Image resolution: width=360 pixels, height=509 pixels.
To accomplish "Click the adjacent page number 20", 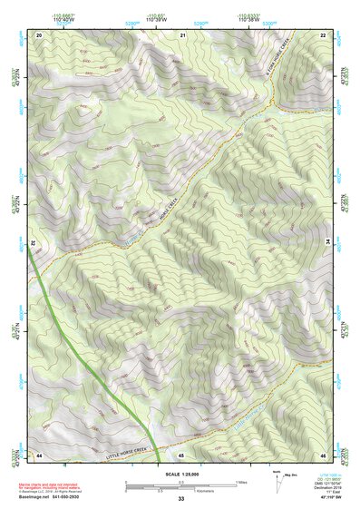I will coord(39,34).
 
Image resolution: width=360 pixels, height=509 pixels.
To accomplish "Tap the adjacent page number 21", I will coord(182,34).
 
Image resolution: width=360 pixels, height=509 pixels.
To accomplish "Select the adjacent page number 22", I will coord(324,34).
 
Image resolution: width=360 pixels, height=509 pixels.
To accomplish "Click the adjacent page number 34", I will coord(328,240).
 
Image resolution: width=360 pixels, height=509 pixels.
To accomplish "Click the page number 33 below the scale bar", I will coord(180,499).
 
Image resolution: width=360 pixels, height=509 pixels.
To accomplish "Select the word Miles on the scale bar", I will coord(241,481).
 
